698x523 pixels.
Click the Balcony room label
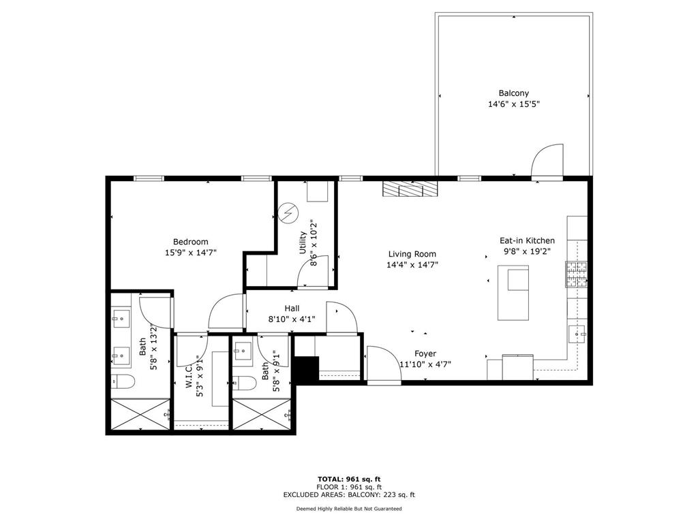pyautogui.click(x=513, y=93)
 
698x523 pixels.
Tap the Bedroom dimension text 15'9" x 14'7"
pyautogui.click(x=190, y=253)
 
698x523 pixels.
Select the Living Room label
pyautogui.click(x=412, y=254)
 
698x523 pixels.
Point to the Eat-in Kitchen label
pyautogui.click(x=527, y=240)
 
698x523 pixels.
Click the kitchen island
pyautogui.click(x=513, y=293)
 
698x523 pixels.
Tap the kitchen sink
pyautogui.click(x=577, y=334)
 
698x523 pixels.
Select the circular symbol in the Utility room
pyautogui.click(x=290, y=213)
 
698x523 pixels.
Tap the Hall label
pyautogui.click(x=292, y=308)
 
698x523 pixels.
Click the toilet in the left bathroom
pyautogui.click(x=121, y=382)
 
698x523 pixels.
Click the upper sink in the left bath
pyautogui.click(x=122, y=316)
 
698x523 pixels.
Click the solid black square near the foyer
pyautogui.click(x=307, y=369)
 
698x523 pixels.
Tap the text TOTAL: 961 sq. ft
pyautogui.click(x=348, y=479)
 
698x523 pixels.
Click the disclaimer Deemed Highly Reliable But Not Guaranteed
pyautogui.click(x=348, y=509)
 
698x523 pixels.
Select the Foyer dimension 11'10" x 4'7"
pyautogui.click(x=425, y=364)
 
